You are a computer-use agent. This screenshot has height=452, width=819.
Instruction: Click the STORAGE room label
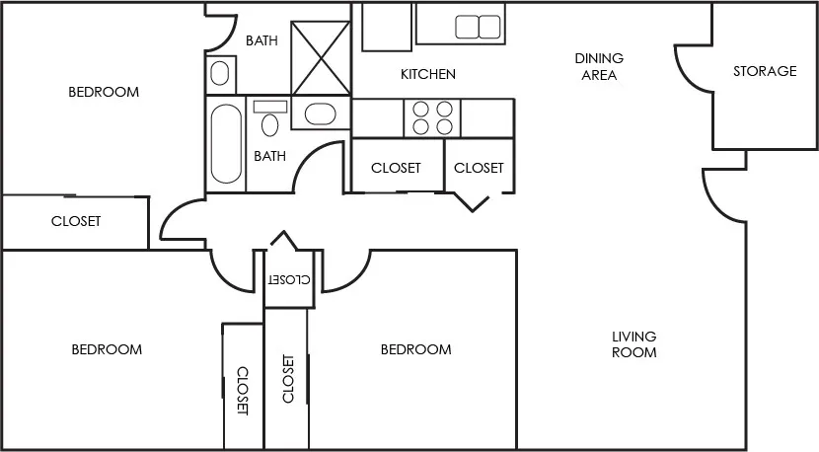point(765,71)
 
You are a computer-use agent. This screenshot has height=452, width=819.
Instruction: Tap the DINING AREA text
point(599,66)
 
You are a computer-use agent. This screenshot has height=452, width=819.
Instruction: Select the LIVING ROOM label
point(633,344)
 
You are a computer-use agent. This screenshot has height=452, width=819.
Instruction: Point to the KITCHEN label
point(427,74)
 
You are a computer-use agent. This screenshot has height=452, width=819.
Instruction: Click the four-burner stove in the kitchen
point(432,118)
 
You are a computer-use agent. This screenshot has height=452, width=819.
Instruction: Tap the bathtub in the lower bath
point(226,144)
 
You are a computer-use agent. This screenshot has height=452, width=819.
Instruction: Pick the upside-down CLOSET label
point(288,279)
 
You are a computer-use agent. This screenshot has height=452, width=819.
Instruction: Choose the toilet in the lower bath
point(269,119)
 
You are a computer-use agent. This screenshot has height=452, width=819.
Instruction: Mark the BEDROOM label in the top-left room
point(104,92)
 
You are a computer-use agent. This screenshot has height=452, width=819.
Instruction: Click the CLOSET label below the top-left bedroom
point(76,221)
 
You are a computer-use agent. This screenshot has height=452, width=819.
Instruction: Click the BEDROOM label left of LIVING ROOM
point(415,349)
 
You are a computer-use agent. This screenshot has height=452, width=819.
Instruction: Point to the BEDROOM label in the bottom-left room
point(107,349)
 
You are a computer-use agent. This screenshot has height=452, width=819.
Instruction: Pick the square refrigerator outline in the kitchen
point(386,26)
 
